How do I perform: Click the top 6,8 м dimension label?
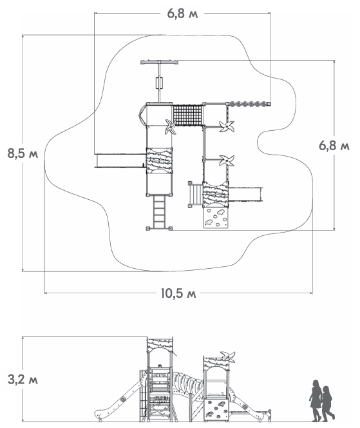182,14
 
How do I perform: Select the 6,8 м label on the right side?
334,146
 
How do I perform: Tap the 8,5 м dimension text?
23,153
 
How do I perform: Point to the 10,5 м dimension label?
178,293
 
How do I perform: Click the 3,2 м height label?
23,380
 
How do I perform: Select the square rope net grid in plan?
187,115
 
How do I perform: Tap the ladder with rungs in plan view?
159,212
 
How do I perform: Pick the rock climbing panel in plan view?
216,218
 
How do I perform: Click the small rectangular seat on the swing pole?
159,83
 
